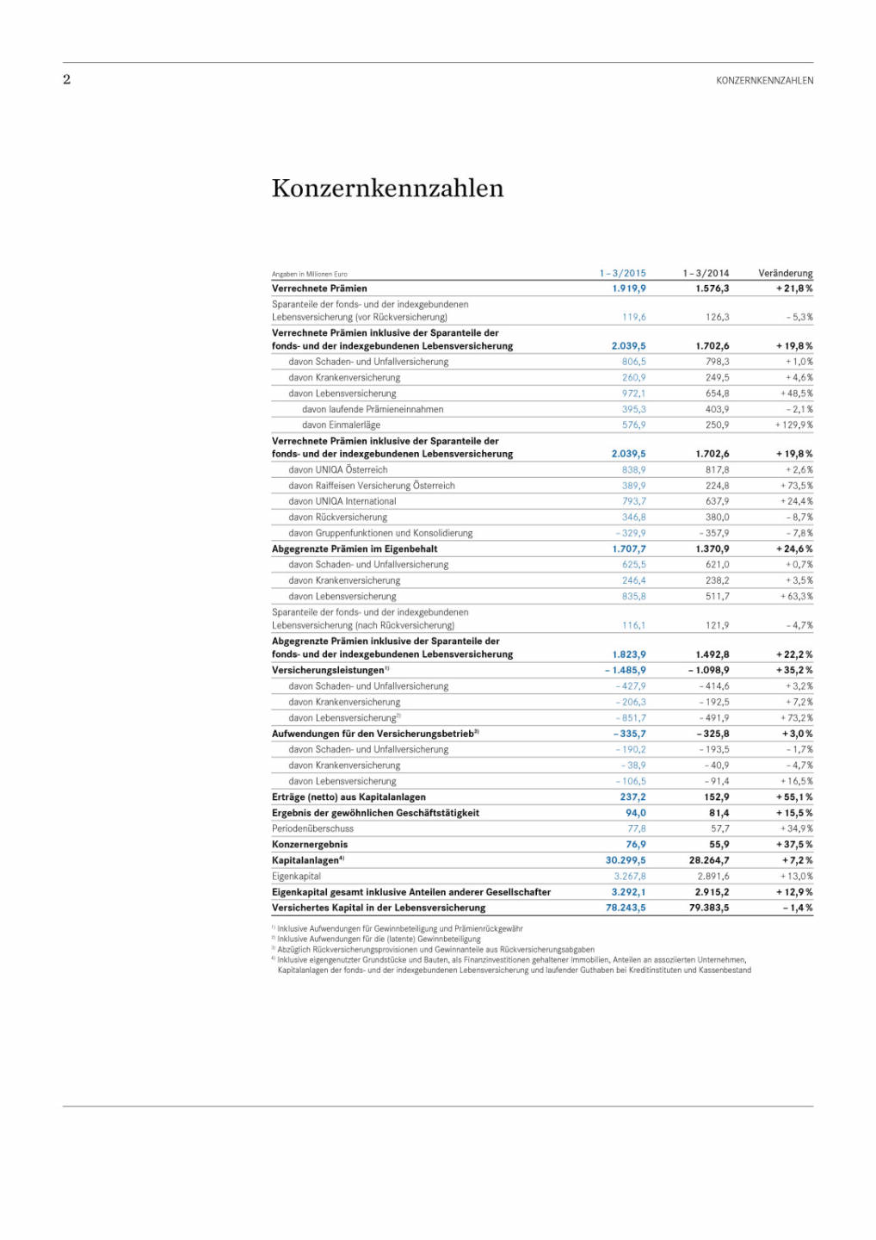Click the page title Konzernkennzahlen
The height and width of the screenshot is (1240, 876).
pyautogui.click(x=387, y=189)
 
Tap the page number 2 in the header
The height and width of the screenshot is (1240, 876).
pyautogui.click(x=66, y=80)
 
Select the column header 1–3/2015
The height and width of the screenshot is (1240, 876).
pyautogui.click(x=622, y=273)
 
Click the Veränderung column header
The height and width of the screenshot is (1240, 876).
pyautogui.click(x=785, y=273)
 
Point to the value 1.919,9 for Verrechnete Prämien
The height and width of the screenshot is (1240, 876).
pyautogui.click(x=628, y=288)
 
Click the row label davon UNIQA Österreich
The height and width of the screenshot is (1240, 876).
pyautogui.click(x=337, y=470)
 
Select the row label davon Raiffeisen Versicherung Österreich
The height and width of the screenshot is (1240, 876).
pyautogui.click(x=371, y=486)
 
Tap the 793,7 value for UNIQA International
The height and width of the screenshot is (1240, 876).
pyautogui.click(x=633, y=501)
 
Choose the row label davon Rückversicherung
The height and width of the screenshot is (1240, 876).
pyautogui.click(x=337, y=518)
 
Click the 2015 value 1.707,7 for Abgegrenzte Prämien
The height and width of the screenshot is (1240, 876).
pyautogui.click(x=628, y=549)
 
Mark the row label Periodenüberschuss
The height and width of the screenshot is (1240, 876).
pyautogui.click(x=312, y=828)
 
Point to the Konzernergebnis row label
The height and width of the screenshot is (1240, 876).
pyautogui.click(x=310, y=845)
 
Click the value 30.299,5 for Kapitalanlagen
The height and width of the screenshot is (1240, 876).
pyautogui.click(x=625, y=860)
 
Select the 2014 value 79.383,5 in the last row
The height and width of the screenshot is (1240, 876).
pyautogui.click(x=708, y=908)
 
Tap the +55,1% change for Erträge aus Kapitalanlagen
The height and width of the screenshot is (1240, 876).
pyautogui.click(x=793, y=797)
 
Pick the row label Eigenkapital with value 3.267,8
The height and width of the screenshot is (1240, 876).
pyautogui.click(x=296, y=876)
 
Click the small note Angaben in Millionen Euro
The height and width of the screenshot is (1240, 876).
pyautogui.click(x=309, y=275)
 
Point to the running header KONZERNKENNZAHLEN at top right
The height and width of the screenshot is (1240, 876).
pyautogui.click(x=764, y=81)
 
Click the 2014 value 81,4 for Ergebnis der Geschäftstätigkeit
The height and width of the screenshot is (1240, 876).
pyautogui.click(x=719, y=813)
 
